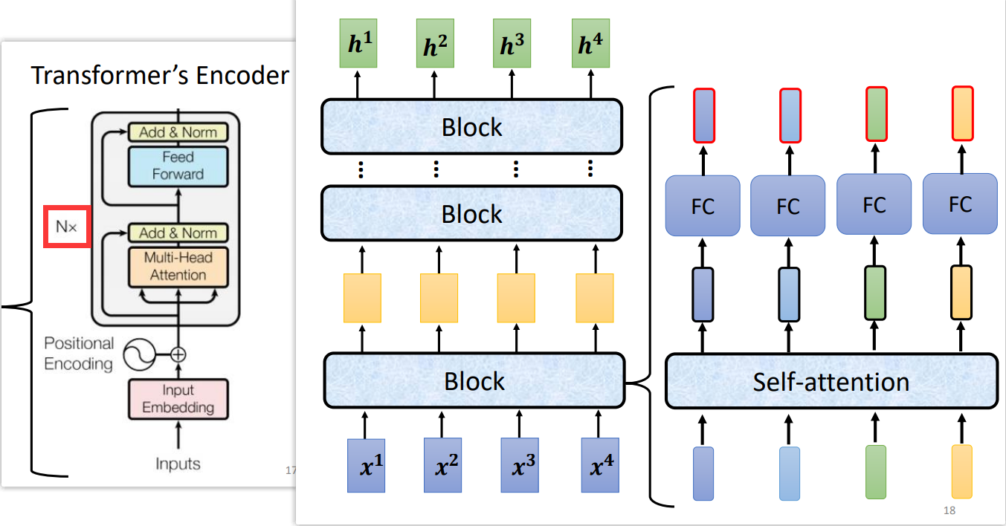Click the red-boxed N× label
[x=66, y=227]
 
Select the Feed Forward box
[x=178, y=166]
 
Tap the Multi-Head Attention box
[x=178, y=267]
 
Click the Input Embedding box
[x=178, y=399]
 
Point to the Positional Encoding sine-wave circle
[x=138, y=354]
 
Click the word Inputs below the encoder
[x=178, y=464]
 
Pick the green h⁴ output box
[x=590, y=45]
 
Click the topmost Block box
[x=471, y=127]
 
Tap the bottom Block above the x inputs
[x=474, y=381]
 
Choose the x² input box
[x=443, y=466]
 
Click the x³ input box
[x=520, y=466]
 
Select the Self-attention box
[x=831, y=382]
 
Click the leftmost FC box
[x=703, y=205]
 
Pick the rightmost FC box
[x=960, y=204]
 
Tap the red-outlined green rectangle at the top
[x=877, y=114]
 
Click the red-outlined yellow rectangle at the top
[x=963, y=114]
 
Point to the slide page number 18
[x=949, y=510]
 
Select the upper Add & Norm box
[x=178, y=132]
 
